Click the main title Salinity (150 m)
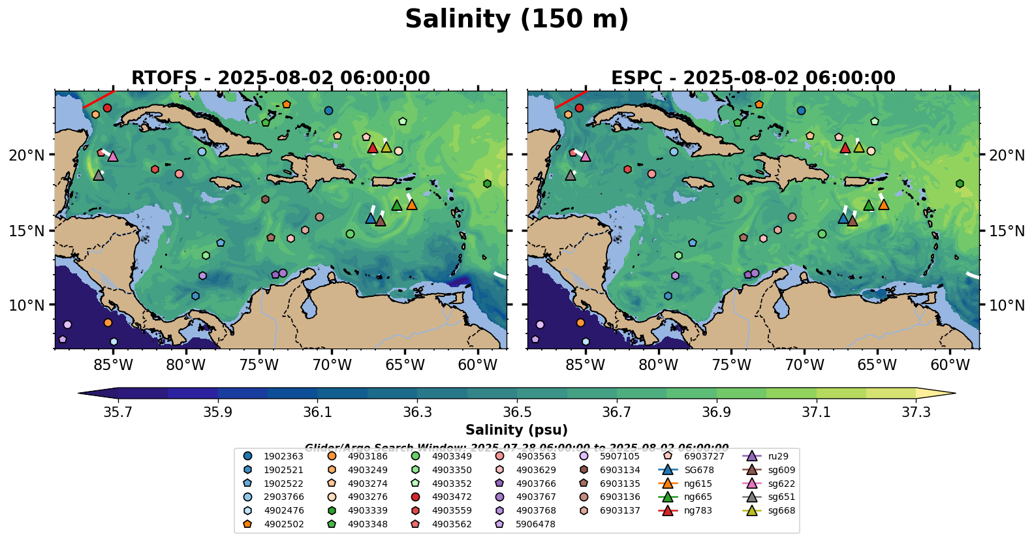click(x=516, y=20)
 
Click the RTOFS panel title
click(x=281, y=78)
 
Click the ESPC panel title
click(x=753, y=78)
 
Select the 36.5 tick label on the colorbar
click(x=517, y=412)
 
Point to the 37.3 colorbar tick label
click(x=916, y=412)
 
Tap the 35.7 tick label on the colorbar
click(x=118, y=412)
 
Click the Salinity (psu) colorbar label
click(x=516, y=430)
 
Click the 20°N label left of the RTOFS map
click(x=27, y=155)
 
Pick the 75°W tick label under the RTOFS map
click(x=259, y=365)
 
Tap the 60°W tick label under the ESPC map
click(x=950, y=365)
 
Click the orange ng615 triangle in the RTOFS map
click(x=411, y=205)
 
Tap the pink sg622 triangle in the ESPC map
click(x=585, y=157)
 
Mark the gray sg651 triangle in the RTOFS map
click(x=99, y=175)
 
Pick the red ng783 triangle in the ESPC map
click(x=845, y=148)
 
